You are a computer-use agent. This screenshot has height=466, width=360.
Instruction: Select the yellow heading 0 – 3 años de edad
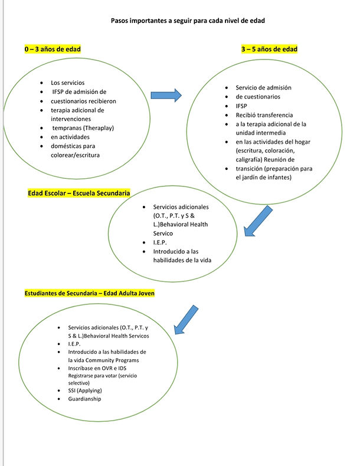pos(53,49)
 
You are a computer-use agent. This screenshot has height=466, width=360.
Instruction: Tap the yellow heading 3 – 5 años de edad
pos(269,49)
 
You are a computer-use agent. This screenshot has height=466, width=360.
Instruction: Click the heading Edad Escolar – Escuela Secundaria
pos(79,193)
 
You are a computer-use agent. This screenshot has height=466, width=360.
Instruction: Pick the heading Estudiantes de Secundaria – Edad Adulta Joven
pos(89,293)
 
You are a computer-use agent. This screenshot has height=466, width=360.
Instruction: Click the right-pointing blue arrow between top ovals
pos(166,94)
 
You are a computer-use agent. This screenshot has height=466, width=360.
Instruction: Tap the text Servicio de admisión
pos(263,87)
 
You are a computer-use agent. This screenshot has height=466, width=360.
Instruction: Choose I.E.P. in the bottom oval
pos(76,343)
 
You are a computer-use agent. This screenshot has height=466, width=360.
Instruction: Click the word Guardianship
pos(84,399)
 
